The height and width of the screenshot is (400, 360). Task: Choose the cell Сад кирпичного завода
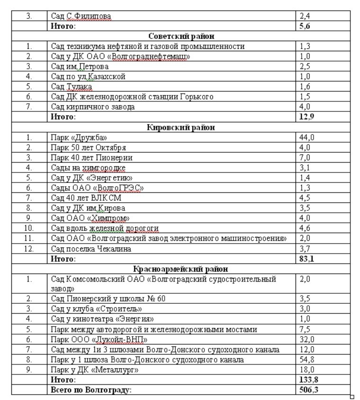pos(93,107)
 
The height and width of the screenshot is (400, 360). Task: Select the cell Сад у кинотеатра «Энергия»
pos(102,319)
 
